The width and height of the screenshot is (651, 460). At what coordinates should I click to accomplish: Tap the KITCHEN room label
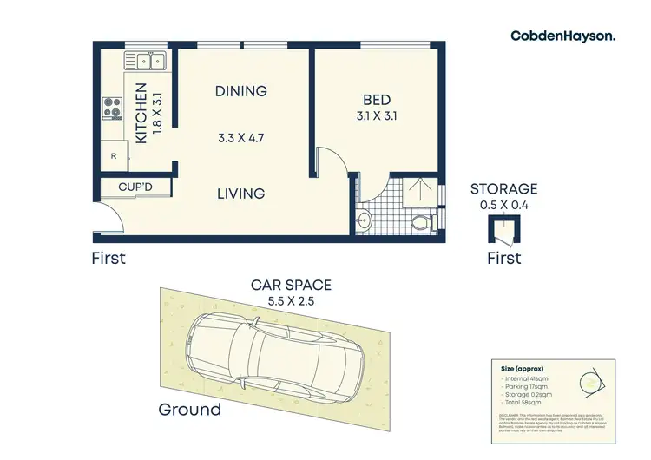click(x=140, y=110)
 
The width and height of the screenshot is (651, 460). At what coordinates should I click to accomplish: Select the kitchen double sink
click(x=146, y=61)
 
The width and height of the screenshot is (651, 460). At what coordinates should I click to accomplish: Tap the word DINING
click(x=240, y=91)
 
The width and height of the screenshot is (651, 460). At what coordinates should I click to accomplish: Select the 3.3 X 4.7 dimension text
click(x=240, y=136)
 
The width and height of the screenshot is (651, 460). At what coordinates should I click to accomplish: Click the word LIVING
click(x=240, y=194)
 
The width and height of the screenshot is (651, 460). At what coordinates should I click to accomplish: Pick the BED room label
click(x=377, y=99)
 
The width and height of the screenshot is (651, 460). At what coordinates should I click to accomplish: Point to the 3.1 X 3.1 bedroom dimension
click(x=377, y=115)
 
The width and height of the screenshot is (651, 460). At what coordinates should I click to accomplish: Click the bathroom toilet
click(x=423, y=222)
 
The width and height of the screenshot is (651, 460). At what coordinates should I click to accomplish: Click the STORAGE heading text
click(x=503, y=188)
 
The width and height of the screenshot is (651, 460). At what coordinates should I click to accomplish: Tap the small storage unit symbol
click(x=501, y=228)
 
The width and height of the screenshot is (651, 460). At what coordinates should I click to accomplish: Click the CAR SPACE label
click(x=292, y=285)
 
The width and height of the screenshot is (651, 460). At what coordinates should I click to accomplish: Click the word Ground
click(x=189, y=409)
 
